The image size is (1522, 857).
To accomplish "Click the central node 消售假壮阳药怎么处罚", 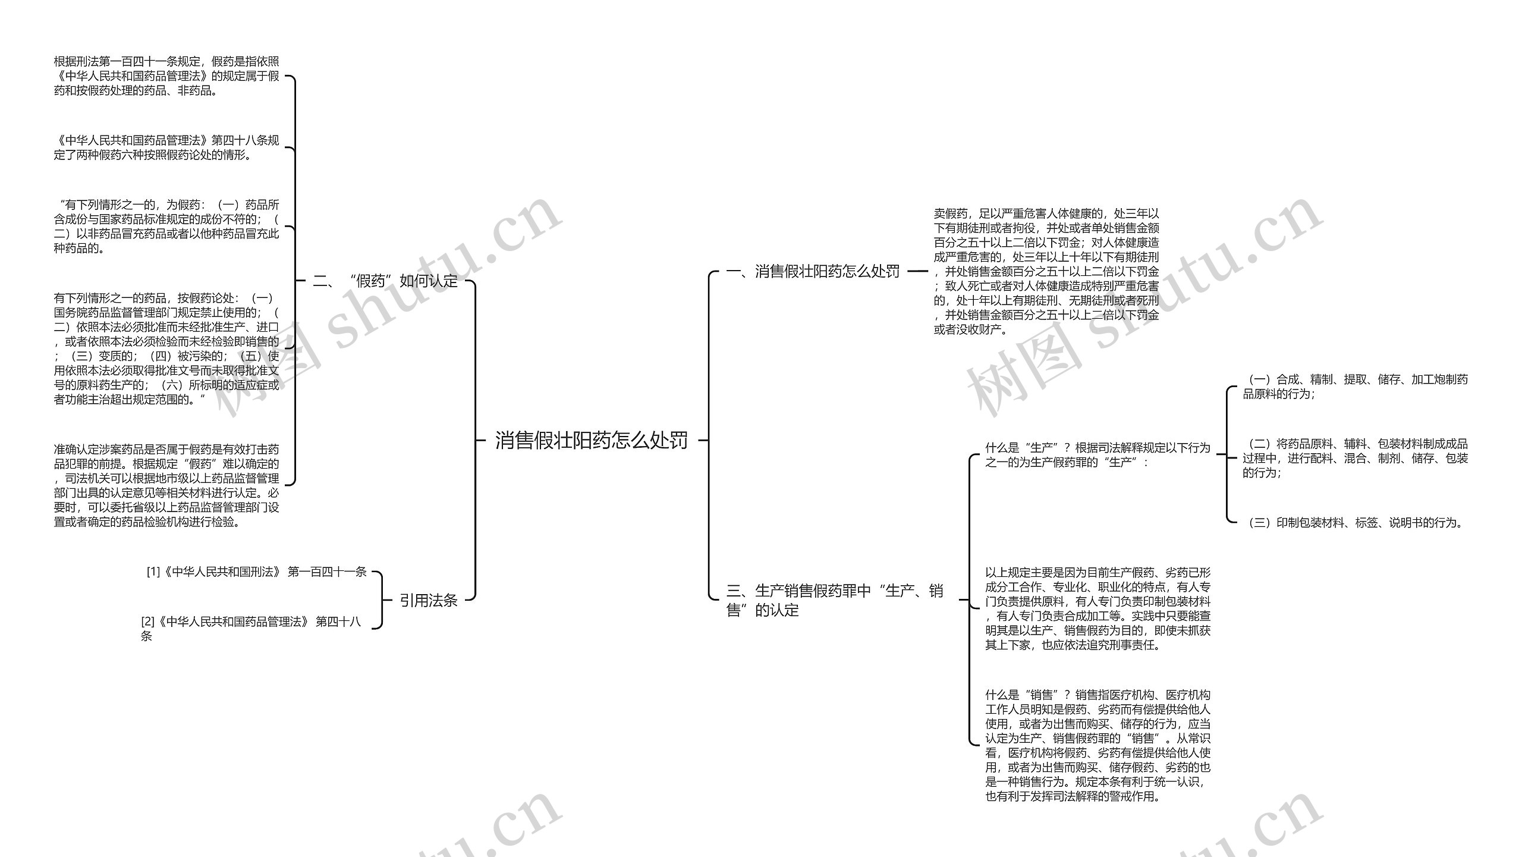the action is pos(591,440).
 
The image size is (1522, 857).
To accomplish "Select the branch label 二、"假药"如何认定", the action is pos(385,281).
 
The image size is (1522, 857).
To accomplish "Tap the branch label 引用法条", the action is pos(428,600).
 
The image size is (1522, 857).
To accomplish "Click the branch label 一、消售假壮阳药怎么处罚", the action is pos(813,271).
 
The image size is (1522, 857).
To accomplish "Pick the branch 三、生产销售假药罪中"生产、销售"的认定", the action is pos(834,600).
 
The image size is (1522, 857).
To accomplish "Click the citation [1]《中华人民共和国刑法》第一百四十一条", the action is pos(256,572).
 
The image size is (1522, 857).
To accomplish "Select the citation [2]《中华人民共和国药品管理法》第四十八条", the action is pos(250,629).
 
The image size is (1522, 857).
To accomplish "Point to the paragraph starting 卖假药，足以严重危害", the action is pos(1046,271).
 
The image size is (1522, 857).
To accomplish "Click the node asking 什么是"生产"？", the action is pos(1097,455).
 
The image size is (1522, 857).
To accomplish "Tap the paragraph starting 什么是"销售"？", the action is pos(1097,745).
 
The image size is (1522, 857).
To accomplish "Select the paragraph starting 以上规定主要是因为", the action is pos(1097,608).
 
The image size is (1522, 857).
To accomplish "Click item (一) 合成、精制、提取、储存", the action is pos(1355,387).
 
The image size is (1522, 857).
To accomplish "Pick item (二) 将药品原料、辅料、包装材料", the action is pos(1355,458).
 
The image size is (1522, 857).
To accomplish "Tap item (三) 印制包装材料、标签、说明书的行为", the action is pos(1355,523).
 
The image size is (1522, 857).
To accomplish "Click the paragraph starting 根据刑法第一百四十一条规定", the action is pos(166,76).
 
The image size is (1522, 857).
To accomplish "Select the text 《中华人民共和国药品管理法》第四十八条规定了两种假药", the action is pos(166,147).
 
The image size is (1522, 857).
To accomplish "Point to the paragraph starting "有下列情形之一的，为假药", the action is pos(166,227).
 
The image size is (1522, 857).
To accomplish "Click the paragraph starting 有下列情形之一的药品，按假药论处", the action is pos(166,349).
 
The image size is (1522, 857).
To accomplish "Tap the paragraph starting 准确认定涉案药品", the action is pos(166,485).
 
